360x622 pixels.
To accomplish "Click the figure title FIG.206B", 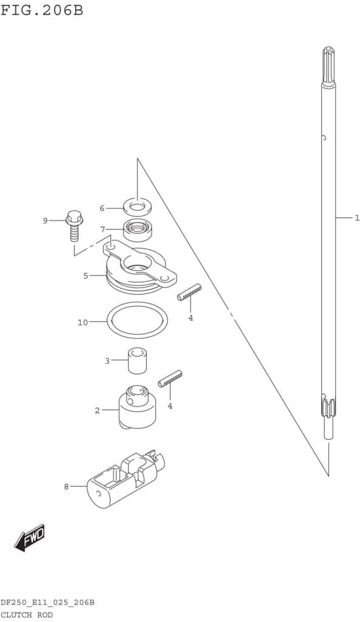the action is click(x=42, y=10).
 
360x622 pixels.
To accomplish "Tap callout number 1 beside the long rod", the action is click(x=356, y=217).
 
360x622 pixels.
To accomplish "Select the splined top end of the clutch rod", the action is click(x=328, y=66).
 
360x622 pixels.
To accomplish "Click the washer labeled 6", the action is click(x=137, y=207).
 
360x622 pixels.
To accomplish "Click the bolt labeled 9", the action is click(x=73, y=225).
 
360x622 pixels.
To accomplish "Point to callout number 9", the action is click(x=45, y=220).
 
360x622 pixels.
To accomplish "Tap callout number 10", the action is click(x=83, y=323).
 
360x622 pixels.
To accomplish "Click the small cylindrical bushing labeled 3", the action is click(x=137, y=360).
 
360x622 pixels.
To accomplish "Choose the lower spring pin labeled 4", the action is click(x=170, y=379).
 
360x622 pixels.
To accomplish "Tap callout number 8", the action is click(x=66, y=487).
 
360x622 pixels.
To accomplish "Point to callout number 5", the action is click(x=86, y=276).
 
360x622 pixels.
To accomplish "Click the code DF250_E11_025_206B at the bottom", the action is click(x=47, y=603).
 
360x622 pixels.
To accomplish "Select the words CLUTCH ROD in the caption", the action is click(x=26, y=615).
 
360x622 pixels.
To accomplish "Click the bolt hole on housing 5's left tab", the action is click(x=111, y=247).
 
